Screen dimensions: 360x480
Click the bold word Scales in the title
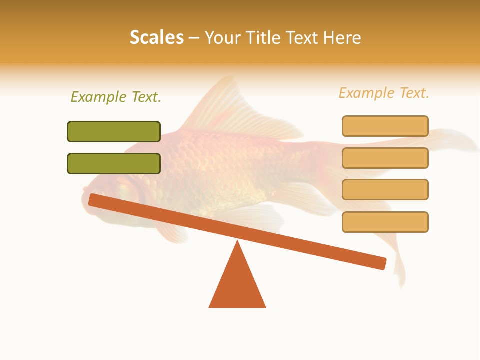point(157,37)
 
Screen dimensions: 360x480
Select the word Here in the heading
point(342,37)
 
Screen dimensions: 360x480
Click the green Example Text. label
point(116,97)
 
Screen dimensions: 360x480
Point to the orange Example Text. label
point(384,93)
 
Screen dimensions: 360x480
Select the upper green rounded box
point(114,131)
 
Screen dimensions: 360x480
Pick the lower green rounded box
point(114,163)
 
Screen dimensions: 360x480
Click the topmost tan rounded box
point(385,126)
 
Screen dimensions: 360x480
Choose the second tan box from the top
point(385,158)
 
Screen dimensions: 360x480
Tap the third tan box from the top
point(385,189)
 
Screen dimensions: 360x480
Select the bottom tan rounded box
point(385,222)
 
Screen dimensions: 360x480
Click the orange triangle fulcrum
point(237,285)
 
